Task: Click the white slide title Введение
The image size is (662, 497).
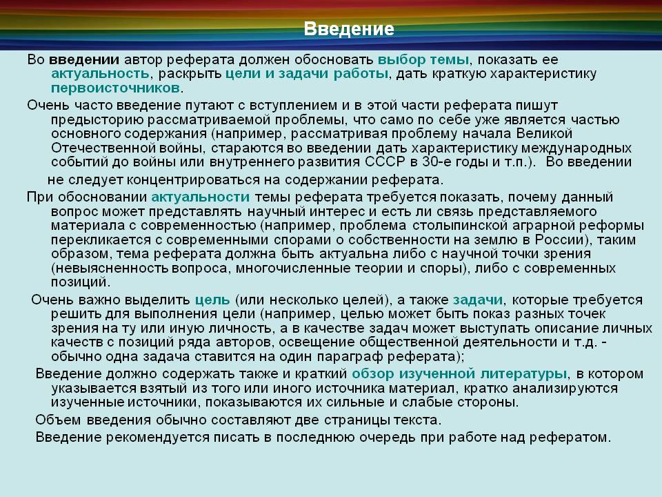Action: click(x=349, y=29)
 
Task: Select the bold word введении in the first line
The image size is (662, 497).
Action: click(x=84, y=59)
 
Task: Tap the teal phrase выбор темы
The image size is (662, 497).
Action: click(x=423, y=60)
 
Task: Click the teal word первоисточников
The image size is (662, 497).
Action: click(x=116, y=88)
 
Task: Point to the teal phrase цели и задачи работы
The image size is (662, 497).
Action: click(x=307, y=74)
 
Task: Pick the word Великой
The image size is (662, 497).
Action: click(x=544, y=133)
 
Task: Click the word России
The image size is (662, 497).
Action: click(x=559, y=240)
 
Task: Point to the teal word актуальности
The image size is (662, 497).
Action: click(x=201, y=197)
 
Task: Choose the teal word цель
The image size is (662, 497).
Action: click(x=212, y=300)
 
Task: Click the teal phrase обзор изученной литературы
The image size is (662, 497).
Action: click(x=459, y=374)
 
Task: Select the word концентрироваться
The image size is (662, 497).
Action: click(x=193, y=180)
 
